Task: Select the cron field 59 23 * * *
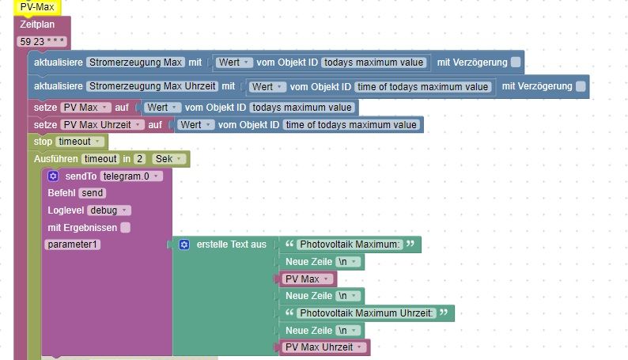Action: pos(42,40)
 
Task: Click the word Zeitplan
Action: pos(36,25)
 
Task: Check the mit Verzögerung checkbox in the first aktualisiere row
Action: pos(516,63)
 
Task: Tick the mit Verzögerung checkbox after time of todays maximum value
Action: pos(581,86)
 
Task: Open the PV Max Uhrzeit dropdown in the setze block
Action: pos(102,125)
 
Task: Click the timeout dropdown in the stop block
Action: pos(80,142)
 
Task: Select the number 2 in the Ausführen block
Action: pos(139,159)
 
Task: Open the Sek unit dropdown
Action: pos(168,159)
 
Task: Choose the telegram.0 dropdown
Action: pos(131,176)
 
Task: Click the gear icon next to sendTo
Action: pos(53,176)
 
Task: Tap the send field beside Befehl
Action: pos(93,193)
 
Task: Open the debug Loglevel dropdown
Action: pos(110,210)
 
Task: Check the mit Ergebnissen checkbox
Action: pos(125,228)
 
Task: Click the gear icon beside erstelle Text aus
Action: pos(184,245)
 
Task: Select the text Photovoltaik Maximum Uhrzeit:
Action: pos(366,313)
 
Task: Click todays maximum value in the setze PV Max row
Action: pos(303,107)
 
